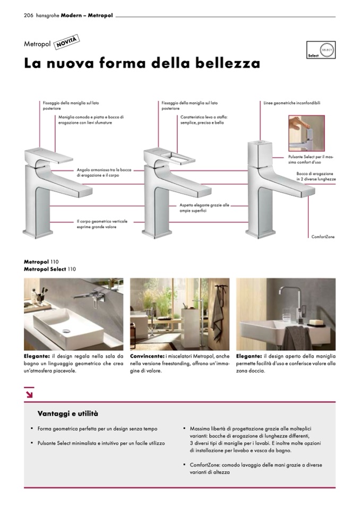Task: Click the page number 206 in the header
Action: (x=29, y=15)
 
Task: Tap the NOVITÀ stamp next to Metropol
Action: (x=66, y=42)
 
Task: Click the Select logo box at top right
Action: (x=321, y=50)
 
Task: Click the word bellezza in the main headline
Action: (x=228, y=63)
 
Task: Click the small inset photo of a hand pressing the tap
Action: (x=306, y=133)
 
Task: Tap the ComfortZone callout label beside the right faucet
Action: (x=323, y=237)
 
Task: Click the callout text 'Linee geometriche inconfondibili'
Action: (x=292, y=103)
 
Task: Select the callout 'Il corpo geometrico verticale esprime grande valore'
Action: (x=102, y=224)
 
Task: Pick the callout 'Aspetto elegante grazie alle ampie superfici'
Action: (x=204, y=208)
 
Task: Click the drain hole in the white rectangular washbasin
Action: (x=66, y=331)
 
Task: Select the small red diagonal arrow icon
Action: (x=29, y=394)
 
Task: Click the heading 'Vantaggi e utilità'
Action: (x=68, y=413)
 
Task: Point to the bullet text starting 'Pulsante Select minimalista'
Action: (x=101, y=443)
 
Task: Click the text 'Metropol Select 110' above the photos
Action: (x=50, y=269)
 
